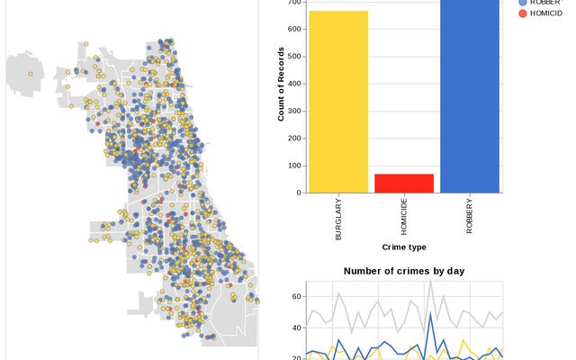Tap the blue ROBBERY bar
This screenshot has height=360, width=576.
click(470, 95)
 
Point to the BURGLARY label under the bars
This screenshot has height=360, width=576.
click(338, 216)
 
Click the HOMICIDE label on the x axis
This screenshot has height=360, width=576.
click(404, 217)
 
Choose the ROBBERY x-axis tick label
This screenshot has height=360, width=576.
click(470, 215)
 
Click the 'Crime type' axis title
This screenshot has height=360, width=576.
click(404, 247)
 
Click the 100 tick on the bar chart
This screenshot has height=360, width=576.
click(293, 166)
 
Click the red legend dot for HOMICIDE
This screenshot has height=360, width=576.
click(522, 13)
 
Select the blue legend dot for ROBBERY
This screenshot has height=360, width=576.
click(522, 2)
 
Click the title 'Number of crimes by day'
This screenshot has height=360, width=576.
click(404, 271)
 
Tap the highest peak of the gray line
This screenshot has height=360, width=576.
click(431, 280)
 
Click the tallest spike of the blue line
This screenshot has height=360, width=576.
click(431, 313)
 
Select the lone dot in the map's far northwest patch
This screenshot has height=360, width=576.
click(31, 74)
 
